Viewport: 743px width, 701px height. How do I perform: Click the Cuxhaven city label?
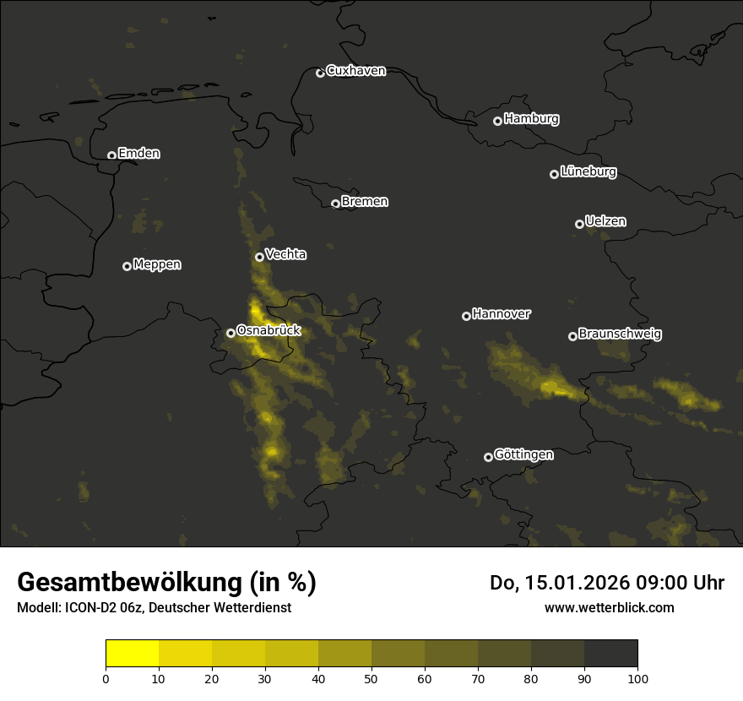pyautogui.click(x=355, y=71)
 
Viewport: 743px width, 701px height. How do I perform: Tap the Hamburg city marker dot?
pyautogui.click(x=498, y=121)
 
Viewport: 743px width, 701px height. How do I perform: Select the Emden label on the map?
pyautogui.click(x=138, y=154)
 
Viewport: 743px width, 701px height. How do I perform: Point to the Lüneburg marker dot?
pyautogui.click(x=555, y=174)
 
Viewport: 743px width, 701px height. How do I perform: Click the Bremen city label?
pyautogui.click(x=365, y=202)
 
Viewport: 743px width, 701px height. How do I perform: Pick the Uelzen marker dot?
pyautogui.click(x=580, y=224)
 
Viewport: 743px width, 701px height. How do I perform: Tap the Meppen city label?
pyautogui.click(x=157, y=264)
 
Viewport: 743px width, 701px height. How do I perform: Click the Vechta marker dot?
pyautogui.click(x=259, y=257)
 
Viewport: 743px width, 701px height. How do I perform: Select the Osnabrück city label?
pyautogui.click(x=268, y=330)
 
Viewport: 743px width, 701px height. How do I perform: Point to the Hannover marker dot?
pyautogui.click(x=466, y=316)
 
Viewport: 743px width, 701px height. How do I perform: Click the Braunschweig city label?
pyautogui.click(x=620, y=334)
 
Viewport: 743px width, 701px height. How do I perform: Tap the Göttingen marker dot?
pyautogui.click(x=488, y=457)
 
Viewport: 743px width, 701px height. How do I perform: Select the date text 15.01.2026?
pyautogui.click(x=576, y=583)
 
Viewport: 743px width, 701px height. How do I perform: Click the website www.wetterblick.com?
pyautogui.click(x=609, y=607)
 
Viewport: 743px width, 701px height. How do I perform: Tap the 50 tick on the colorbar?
pyautogui.click(x=371, y=678)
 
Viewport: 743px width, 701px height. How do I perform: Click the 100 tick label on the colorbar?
pyautogui.click(x=637, y=678)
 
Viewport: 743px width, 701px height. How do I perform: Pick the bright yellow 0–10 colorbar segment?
pyautogui.click(x=133, y=654)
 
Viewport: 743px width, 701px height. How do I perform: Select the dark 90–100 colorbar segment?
pyautogui.click(x=610, y=654)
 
